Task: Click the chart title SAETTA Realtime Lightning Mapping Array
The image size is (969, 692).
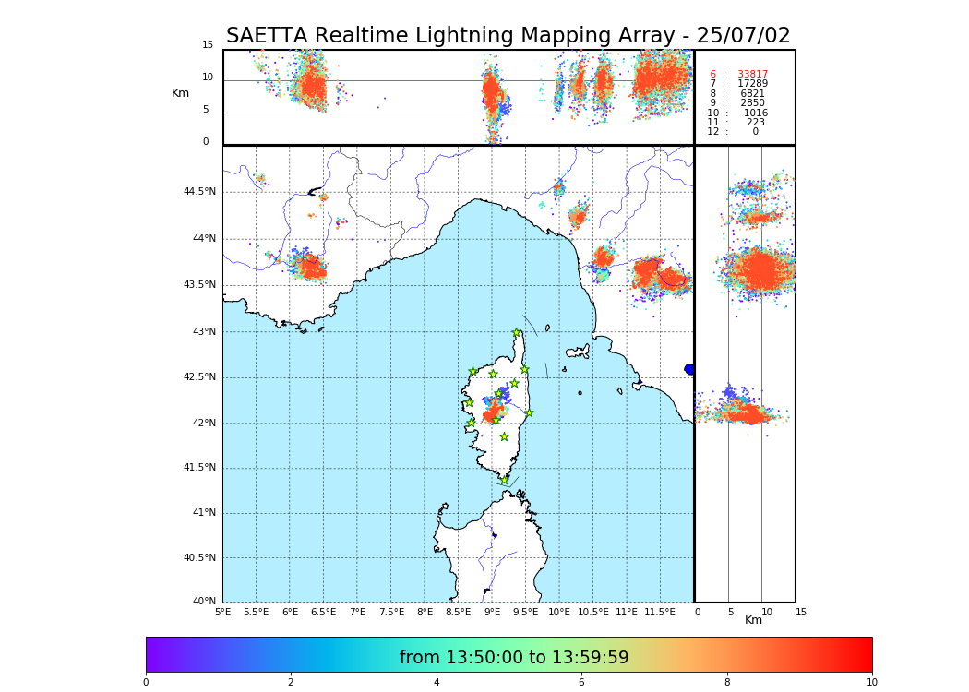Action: coord(508,36)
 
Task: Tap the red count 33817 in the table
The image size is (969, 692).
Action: coord(752,75)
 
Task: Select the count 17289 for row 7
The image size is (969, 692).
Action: coord(752,84)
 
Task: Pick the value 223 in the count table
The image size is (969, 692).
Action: coord(755,123)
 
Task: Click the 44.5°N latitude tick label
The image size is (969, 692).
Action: coord(199,192)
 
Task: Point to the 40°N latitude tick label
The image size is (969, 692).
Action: coord(204,602)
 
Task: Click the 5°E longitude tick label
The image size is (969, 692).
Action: coord(222,612)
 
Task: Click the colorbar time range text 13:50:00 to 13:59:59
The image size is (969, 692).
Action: coord(514,658)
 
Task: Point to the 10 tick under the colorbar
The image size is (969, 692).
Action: coord(871,683)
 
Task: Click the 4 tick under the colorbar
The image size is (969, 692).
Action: coord(437,683)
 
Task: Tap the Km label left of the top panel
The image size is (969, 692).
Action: coord(180,93)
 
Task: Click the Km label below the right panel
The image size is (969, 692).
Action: coord(753,620)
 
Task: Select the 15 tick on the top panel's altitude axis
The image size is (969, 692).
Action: coord(208,45)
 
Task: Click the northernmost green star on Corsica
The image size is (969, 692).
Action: coord(517,333)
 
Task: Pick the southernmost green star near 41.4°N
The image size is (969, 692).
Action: coord(504,481)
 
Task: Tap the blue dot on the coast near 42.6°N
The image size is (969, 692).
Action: coord(689,369)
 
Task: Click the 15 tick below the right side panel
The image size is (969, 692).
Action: coord(801,612)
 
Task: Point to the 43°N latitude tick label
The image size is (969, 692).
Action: coord(203,332)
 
